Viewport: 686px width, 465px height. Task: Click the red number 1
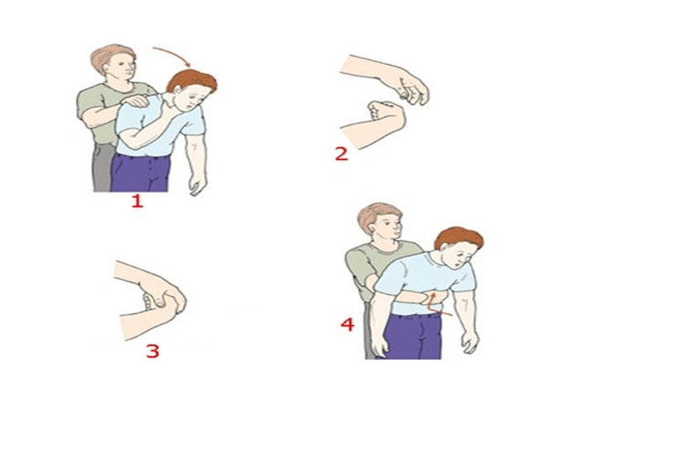[x=138, y=202]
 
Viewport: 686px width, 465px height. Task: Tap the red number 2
[x=342, y=154]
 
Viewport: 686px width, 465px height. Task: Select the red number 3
[x=152, y=351]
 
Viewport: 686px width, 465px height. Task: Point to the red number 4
[x=348, y=324]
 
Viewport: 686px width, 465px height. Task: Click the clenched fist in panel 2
[x=385, y=115]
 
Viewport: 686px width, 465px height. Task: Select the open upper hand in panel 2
[x=409, y=88]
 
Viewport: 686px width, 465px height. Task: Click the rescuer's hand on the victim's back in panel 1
[x=136, y=101]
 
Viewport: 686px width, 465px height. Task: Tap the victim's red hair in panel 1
[x=192, y=80]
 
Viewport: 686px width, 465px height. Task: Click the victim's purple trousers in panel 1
[x=140, y=173]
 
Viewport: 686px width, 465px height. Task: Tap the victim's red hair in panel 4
[x=459, y=238]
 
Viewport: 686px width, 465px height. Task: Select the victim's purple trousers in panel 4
[x=413, y=336]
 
